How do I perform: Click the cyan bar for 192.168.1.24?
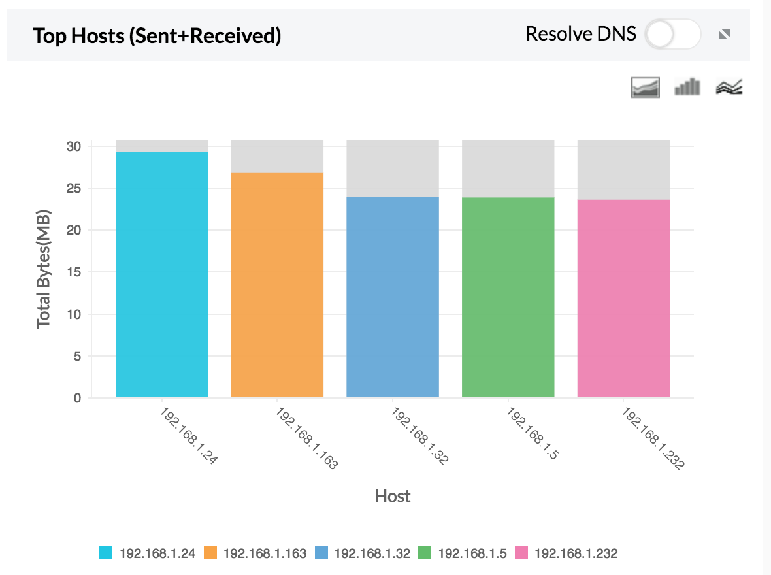[x=161, y=274]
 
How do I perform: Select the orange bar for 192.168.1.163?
[x=277, y=284]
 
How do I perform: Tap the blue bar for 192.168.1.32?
[x=393, y=297]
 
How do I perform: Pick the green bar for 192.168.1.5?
[x=508, y=297]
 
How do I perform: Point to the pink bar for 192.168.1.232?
[x=623, y=299]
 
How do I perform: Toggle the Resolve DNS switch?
[x=672, y=35]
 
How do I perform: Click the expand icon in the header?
[x=724, y=35]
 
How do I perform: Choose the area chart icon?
[x=645, y=87]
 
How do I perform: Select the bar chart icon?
[x=687, y=87]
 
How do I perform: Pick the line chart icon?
[x=730, y=87]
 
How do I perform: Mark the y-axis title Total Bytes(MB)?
[x=44, y=269]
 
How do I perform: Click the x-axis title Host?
[x=393, y=497]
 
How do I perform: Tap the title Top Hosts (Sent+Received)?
[x=157, y=35]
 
